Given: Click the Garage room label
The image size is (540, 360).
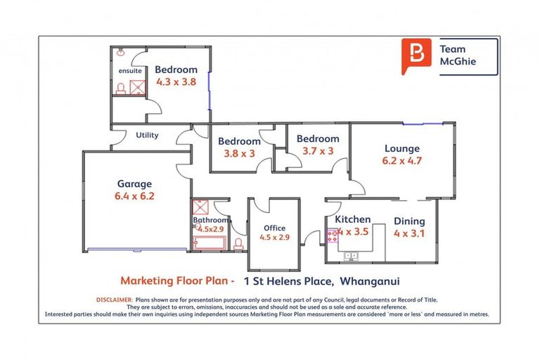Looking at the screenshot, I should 134,184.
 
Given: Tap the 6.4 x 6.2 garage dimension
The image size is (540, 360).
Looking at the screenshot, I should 134,196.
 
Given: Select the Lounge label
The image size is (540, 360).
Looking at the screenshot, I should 401,148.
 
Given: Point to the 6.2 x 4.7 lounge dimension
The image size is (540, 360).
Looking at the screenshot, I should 401,160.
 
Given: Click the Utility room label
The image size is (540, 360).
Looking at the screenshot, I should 147,135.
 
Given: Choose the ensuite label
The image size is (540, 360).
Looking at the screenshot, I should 130,71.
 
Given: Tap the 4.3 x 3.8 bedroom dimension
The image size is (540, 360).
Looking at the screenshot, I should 176,82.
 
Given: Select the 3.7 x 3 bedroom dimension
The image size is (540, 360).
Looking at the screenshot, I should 317,150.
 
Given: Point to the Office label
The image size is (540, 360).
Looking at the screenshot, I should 274,228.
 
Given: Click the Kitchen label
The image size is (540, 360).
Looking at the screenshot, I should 352,219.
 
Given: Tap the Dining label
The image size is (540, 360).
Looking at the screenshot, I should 409,220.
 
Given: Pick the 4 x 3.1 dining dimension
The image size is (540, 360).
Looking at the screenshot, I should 409,232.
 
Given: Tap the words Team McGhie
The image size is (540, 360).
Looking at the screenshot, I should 458,56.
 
